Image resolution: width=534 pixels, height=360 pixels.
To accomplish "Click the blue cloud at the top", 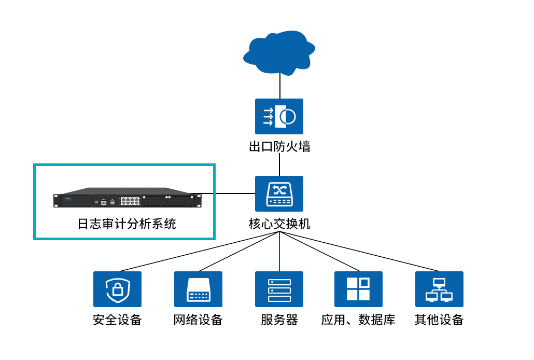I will [x=279, y=52].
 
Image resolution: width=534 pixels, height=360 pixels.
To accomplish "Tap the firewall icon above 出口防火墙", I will [x=279, y=117].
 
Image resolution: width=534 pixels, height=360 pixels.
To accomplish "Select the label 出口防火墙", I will [x=279, y=147].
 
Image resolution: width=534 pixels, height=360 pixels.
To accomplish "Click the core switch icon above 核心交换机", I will [x=279, y=193].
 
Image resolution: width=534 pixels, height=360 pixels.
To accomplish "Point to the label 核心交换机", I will [x=279, y=224].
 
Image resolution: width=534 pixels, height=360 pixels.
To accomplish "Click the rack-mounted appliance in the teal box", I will [x=127, y=198].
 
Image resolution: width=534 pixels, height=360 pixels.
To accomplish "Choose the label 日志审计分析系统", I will [x=127, y=224].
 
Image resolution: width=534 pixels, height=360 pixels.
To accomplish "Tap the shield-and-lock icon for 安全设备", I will [x=117, y=289].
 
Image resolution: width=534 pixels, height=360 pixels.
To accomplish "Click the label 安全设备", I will [x=117, y=320].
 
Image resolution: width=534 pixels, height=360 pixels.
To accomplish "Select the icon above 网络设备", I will [x=198, y=289].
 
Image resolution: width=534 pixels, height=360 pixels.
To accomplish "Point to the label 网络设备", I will [x=198, y=320].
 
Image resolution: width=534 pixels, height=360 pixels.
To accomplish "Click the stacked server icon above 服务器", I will [x=279, y=289].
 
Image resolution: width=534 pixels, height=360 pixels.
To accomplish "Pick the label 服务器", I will [x=279, y=320].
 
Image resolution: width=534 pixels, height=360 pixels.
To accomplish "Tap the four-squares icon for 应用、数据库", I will [x=358, y=289].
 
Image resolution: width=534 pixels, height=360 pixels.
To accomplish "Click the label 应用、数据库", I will [x=358, y=320].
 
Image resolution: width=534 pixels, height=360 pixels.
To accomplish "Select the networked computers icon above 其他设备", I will [x=439, y=289].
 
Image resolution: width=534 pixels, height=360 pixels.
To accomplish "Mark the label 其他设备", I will [x=439, y=320].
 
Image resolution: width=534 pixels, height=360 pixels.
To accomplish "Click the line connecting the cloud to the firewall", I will [x=280, y=86].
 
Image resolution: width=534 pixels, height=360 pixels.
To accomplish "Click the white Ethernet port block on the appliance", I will [x=130, y=201].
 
